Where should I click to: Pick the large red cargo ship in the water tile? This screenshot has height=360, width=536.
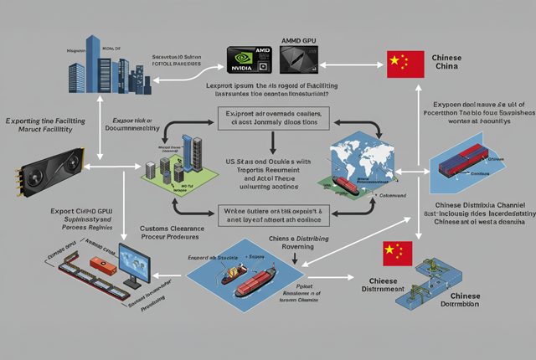(x=259, y=285)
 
